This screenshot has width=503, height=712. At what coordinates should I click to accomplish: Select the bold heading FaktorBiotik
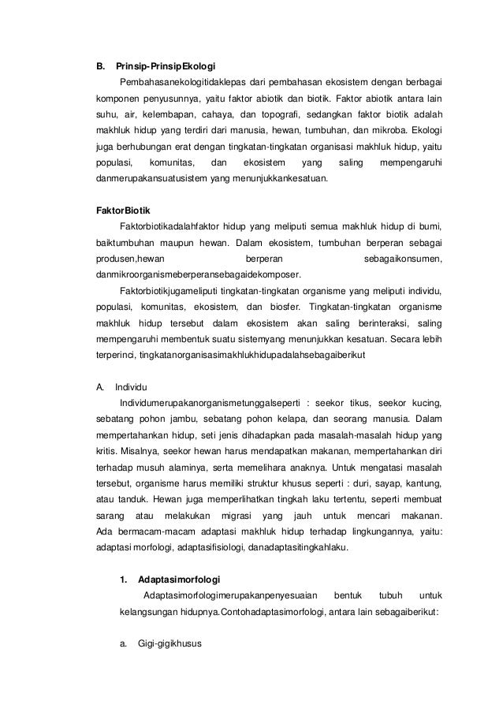[120, 212]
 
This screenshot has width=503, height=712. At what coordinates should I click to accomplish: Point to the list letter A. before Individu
[99, 386]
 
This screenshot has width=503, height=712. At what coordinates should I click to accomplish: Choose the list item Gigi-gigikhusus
[169, 642]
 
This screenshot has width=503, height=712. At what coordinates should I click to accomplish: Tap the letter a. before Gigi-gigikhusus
[124, 642]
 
